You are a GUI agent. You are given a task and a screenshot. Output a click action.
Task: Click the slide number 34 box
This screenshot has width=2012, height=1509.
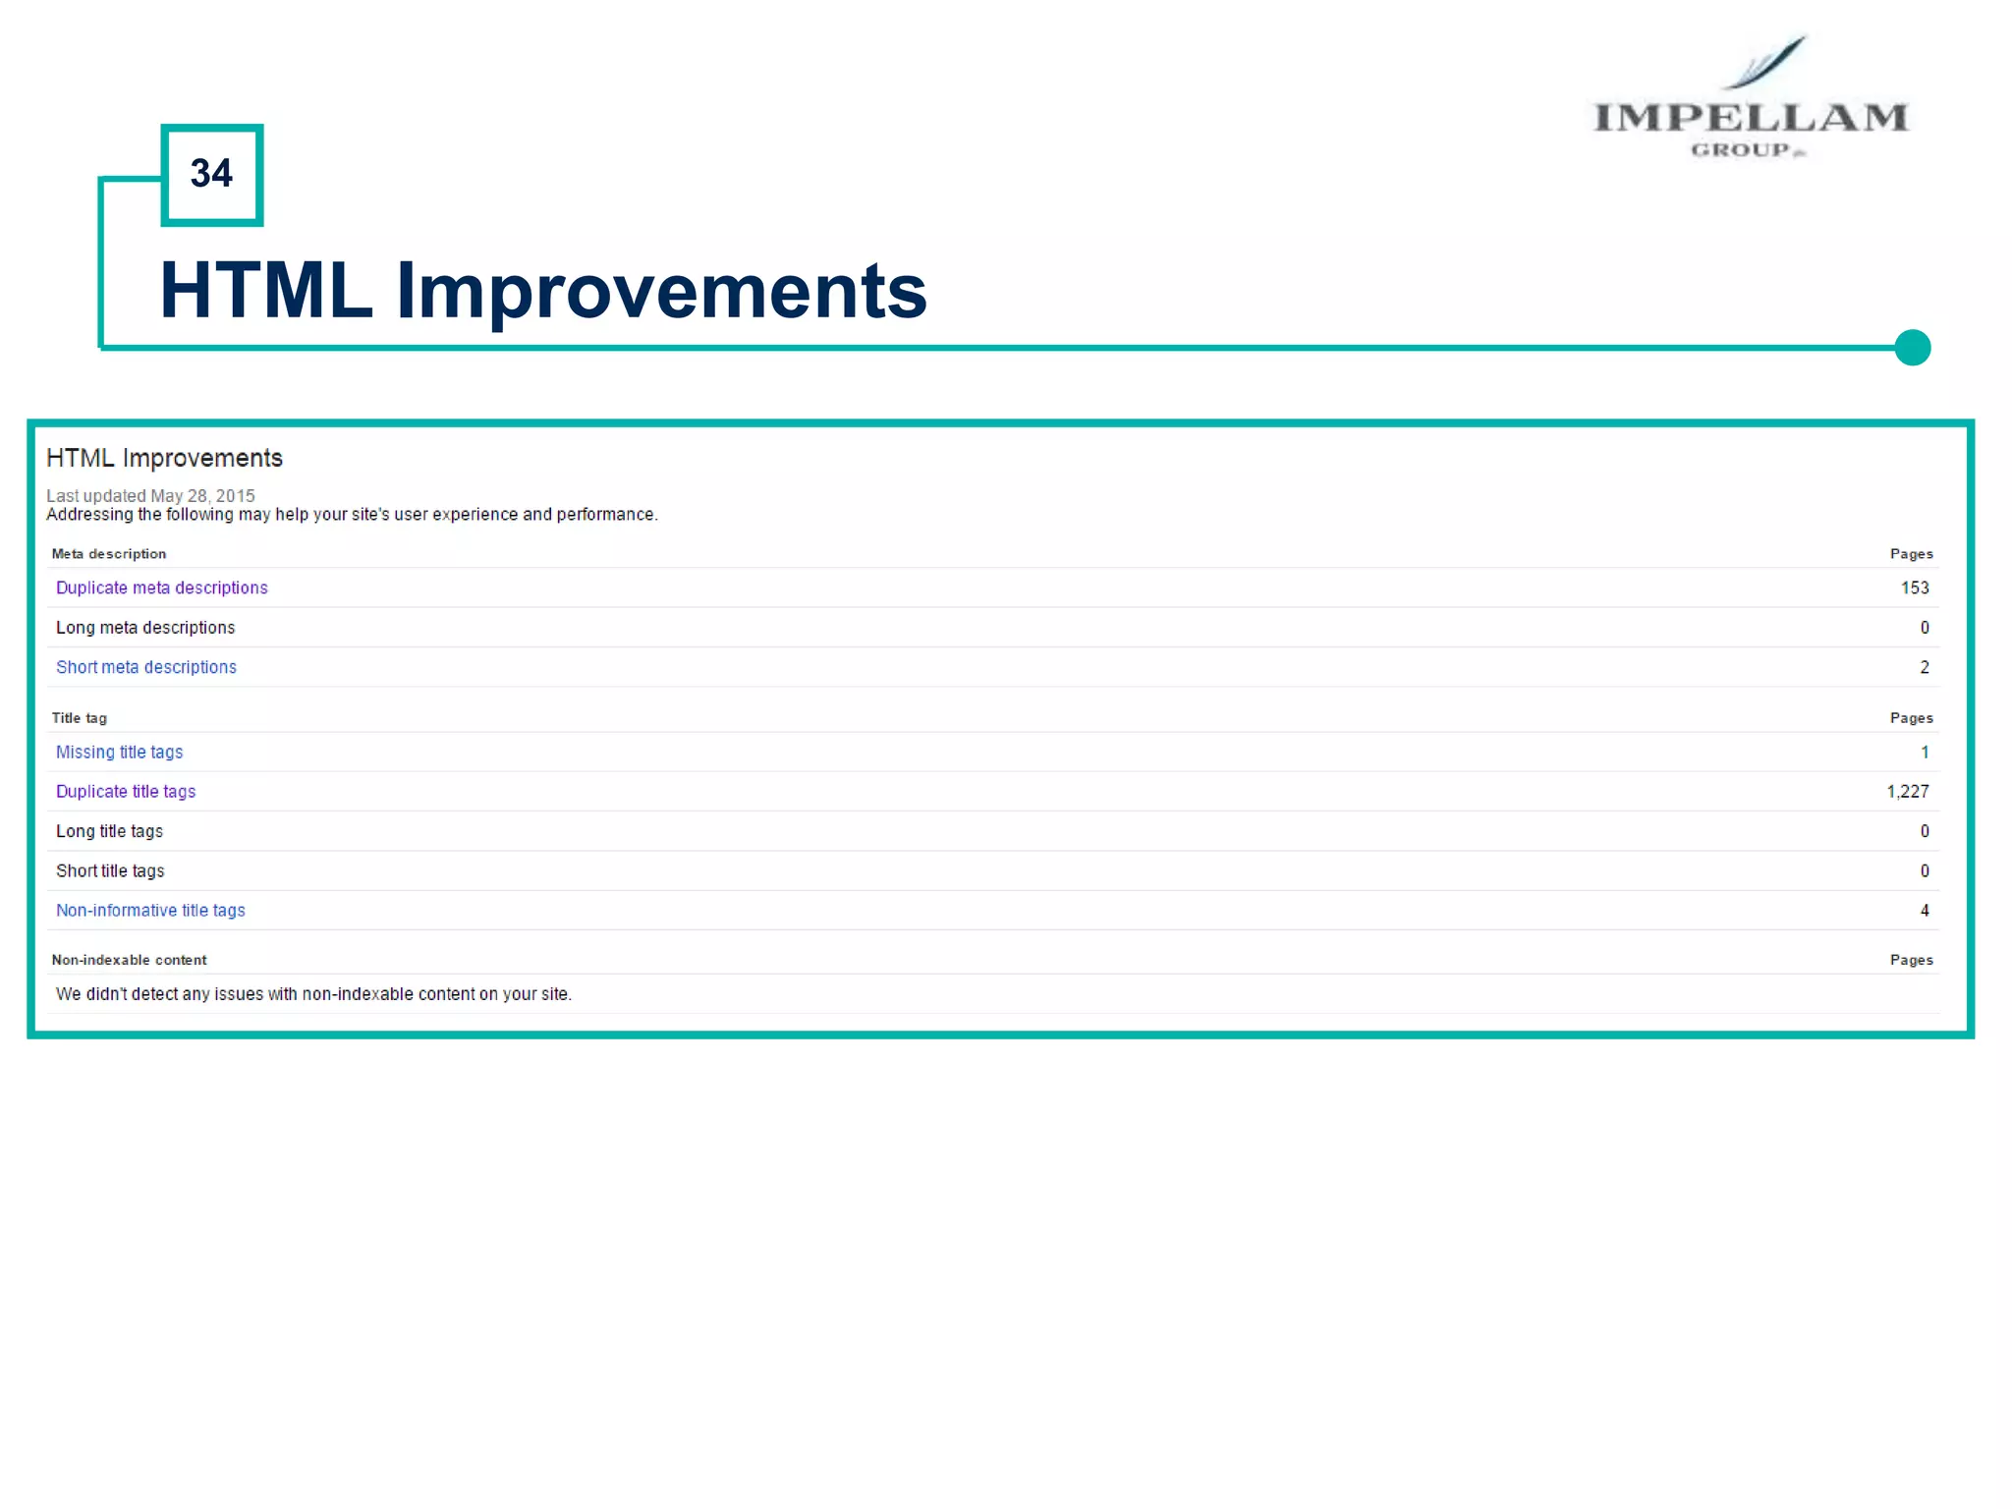click(x=211, y=175)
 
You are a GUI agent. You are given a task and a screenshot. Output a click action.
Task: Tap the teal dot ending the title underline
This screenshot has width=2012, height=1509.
click(x=1912, y=348)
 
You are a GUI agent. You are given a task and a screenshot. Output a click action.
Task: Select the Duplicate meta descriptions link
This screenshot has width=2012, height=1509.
click(x=161, y=587)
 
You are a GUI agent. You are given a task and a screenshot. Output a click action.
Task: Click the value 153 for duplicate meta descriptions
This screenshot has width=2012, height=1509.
click(x=1914, y=587)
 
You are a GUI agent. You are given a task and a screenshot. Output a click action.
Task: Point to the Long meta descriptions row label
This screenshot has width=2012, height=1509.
click(x=145, y=628)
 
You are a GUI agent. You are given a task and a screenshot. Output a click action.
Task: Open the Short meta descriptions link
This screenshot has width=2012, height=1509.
click(x=146, y=667)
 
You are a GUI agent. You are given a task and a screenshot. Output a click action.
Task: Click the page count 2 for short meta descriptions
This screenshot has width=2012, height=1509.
click(x=1924, y=667)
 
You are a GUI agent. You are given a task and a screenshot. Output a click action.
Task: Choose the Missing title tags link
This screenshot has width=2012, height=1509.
click(x=119, y=752)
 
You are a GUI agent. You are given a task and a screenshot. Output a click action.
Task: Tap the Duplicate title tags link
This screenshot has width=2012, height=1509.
click(x=126, y=792)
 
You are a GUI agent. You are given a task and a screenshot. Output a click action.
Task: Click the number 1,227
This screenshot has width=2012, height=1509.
click(x=1907, y=792)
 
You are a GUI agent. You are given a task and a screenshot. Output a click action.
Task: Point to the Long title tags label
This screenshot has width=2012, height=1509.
click(x=109, y=831)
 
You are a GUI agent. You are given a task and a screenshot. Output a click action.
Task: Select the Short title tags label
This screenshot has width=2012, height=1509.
click(x=110, y=871)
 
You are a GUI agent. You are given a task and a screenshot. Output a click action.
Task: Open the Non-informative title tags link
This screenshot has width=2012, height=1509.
click(x=150, y=911)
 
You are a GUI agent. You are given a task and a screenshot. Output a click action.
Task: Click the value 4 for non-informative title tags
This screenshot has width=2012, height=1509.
click(x=1924, y=911)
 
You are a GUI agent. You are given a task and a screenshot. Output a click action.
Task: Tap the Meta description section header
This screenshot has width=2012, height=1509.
click(x=109, y=554)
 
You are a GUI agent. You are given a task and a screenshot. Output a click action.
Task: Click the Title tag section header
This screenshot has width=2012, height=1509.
click(x=80, y=718)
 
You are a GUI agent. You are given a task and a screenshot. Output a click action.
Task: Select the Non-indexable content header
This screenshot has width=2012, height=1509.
click(x=129, y=960)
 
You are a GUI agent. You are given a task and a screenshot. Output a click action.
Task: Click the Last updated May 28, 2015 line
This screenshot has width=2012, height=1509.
click(x=150, y=496)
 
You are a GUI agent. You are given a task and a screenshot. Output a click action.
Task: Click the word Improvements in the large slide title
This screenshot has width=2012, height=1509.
click(x=660, y=291)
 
